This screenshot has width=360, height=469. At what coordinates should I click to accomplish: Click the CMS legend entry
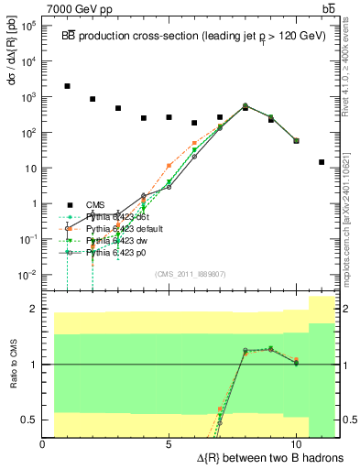click(x=96, y=205)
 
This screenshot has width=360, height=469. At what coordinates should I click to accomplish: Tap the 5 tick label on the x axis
click(x=169, y=444)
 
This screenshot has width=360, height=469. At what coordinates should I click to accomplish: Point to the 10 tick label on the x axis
click(x=295, y=444)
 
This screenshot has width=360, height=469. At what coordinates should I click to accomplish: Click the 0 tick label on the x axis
click(x=43, y=444)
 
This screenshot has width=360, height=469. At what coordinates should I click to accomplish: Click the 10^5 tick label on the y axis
click(x=27, y=26)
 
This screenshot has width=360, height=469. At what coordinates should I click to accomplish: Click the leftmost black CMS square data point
click(x=68, y=86)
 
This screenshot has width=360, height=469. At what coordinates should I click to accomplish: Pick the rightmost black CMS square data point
click(x=322, y=162)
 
